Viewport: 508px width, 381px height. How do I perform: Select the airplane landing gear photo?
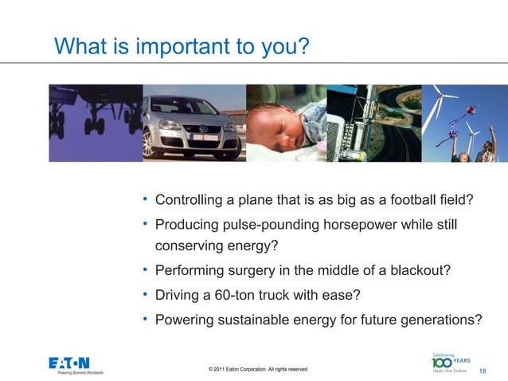pos(96,122)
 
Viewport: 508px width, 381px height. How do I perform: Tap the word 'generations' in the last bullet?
pos(437,320)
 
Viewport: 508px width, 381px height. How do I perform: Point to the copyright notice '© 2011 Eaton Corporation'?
pos(257,369)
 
